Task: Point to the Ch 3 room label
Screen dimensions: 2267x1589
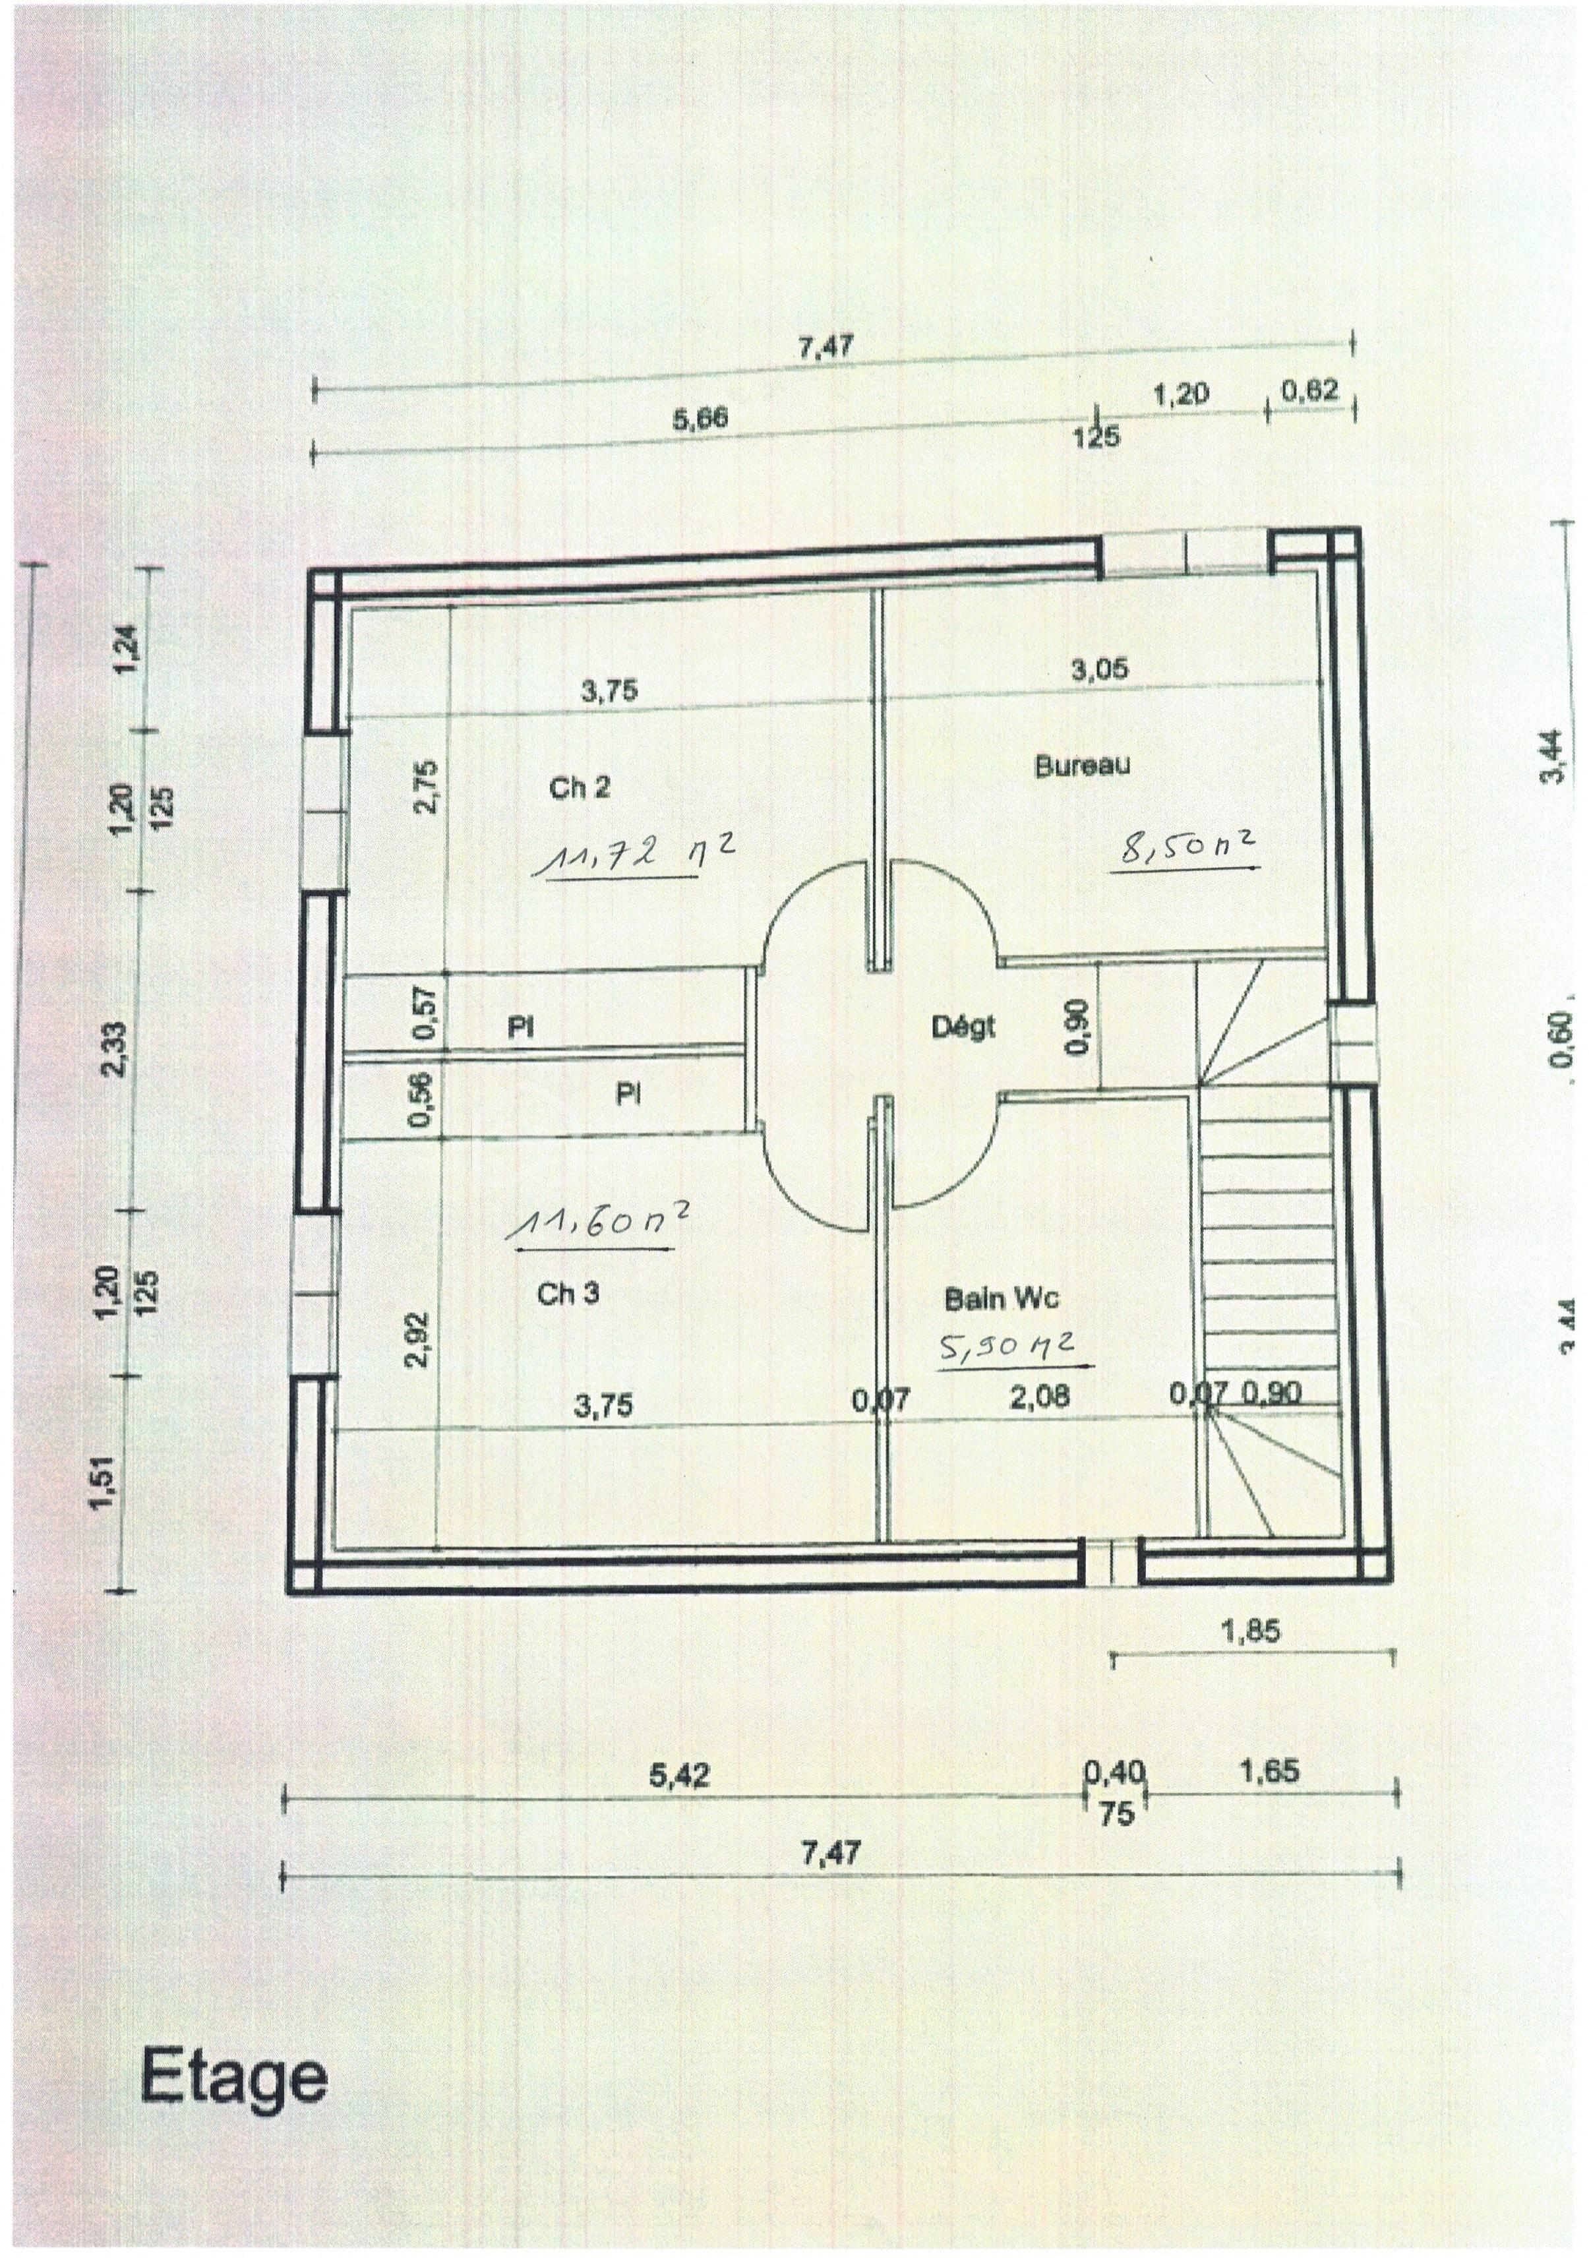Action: tap(568, 1294)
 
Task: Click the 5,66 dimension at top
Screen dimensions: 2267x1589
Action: tap(700, 419)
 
